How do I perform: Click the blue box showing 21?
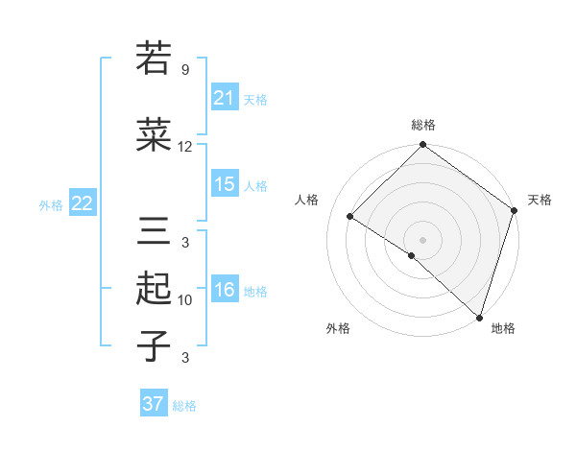point(225,97)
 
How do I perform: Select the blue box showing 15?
point(225,184)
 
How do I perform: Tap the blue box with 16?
point(225,291)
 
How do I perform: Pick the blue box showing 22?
point(83,202)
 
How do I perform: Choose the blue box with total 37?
point(154,404)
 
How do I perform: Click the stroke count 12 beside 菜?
point(185,147)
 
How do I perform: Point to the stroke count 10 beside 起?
point(185,300)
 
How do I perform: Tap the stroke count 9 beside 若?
point(185,70)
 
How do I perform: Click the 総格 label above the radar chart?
point(422,125)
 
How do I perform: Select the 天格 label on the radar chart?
point(540,200)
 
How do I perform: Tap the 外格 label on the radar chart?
point(338,328)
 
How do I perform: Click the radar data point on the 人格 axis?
point(350,217)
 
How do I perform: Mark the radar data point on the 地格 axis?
point(479,317)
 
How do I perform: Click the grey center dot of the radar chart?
point(422,239)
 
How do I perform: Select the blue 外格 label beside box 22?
point(51,204)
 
